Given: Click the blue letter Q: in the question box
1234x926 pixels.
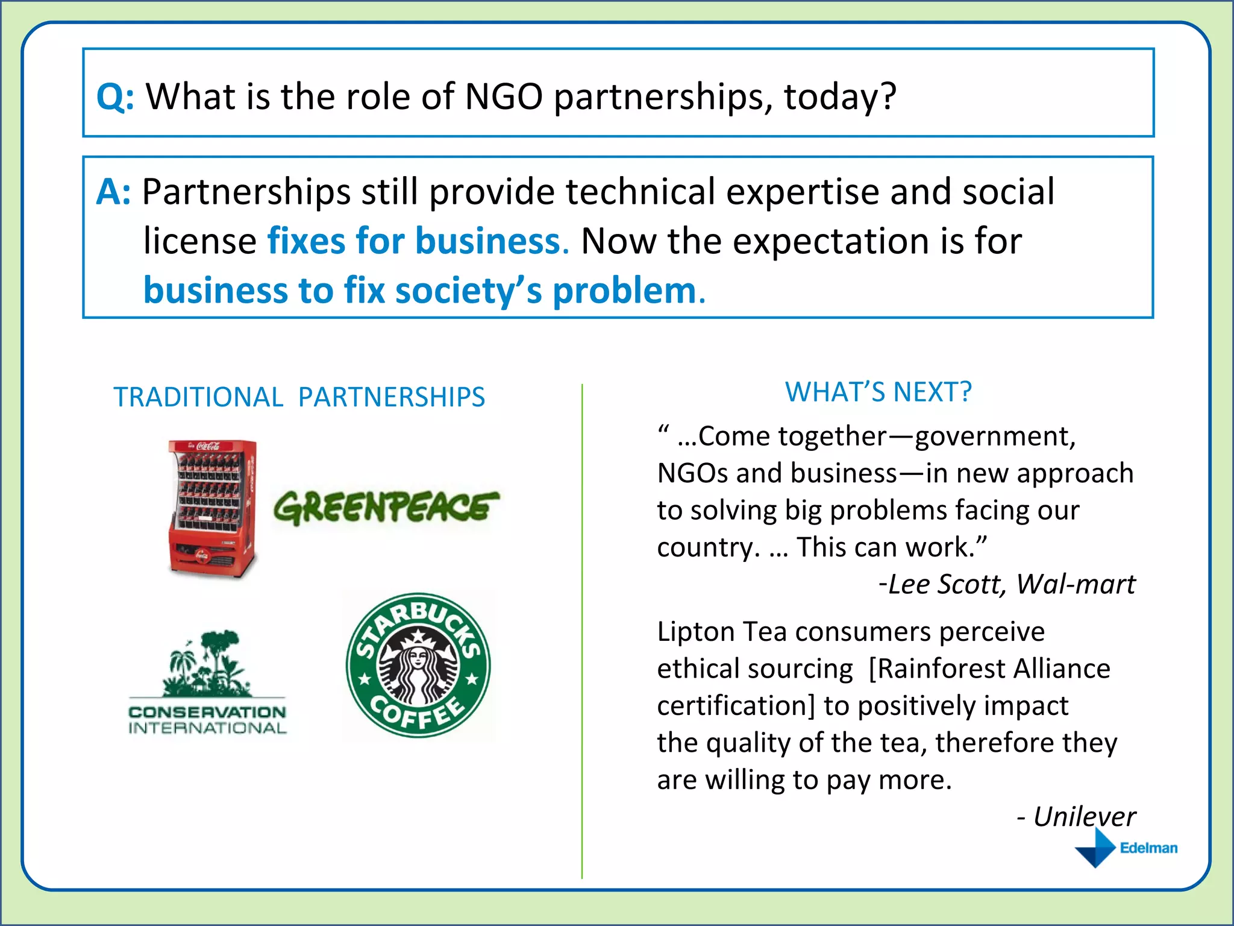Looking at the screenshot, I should coord(115,96).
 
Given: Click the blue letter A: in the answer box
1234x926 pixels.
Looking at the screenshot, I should coord(113,192).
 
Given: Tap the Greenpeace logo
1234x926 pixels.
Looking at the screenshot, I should coord(386,508).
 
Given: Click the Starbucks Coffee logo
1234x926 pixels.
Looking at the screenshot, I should coord(418,665).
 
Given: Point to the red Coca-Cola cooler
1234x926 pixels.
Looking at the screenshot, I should coord(213,509).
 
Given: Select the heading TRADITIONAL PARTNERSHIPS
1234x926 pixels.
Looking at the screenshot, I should coord(299,397).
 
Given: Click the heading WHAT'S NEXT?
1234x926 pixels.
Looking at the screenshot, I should coord(878,392).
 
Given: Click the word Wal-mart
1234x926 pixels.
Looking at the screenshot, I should coord(1076,584).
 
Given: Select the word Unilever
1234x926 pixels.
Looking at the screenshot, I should coord(1084,817).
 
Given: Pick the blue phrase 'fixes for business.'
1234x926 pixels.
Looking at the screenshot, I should coord(418,241).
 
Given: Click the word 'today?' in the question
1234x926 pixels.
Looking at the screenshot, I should coord(839,96).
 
